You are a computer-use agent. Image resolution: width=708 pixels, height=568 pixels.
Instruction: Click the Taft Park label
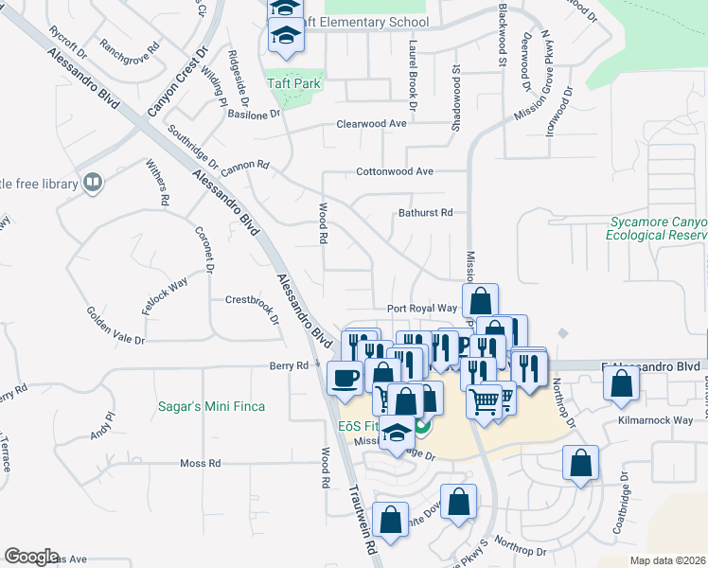point(294,83)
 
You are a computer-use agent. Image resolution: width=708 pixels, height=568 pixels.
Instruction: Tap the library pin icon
point(92,182)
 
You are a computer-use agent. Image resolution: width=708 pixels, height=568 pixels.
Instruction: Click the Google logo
point(31,557)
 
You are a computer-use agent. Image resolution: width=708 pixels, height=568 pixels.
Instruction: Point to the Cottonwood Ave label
point(395,171)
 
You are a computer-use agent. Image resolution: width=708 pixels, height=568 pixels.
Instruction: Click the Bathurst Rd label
point(426,213)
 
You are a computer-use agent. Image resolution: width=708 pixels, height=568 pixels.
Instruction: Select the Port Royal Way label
point(422,309)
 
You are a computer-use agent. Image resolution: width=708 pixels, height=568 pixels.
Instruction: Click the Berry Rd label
point(290,365)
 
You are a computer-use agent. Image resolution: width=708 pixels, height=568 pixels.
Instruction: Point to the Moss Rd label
point(201,464)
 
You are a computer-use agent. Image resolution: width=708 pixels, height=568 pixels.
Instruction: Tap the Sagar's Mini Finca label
point(211,406)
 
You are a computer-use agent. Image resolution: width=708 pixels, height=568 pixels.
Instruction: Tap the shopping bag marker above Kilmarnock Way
point(621,382)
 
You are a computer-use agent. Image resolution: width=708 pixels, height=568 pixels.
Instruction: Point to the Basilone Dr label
point(255,114)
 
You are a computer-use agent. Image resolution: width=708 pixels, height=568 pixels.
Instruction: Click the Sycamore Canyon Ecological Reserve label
point(657,228)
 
